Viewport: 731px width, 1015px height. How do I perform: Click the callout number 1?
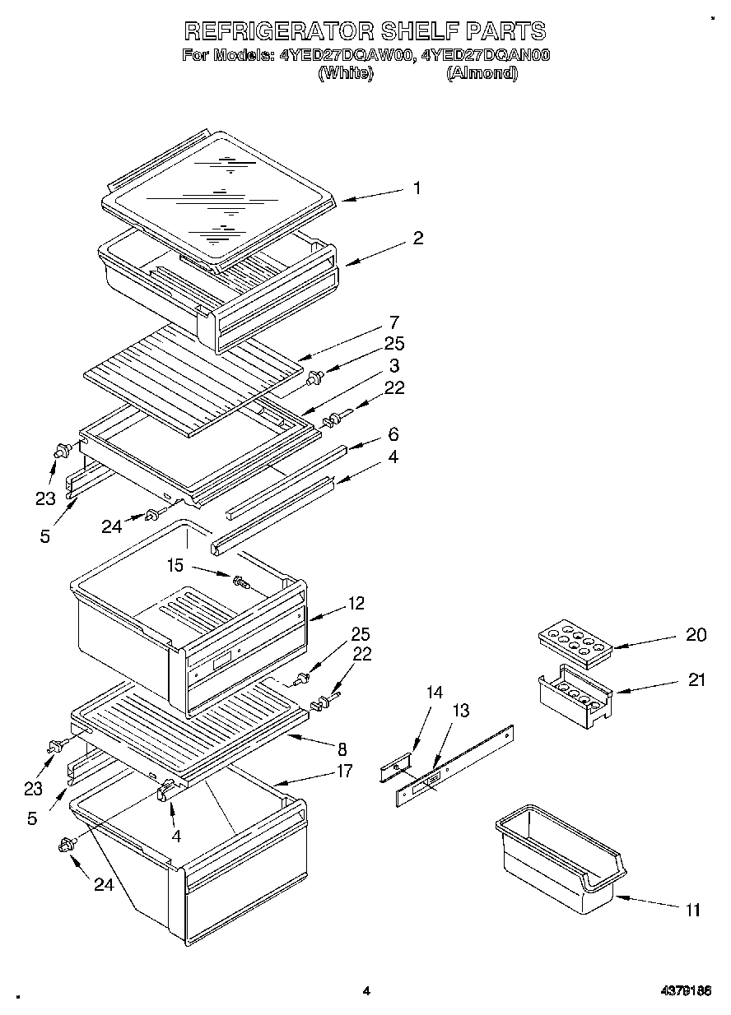coord(417,188)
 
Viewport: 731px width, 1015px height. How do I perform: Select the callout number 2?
coord(418,239)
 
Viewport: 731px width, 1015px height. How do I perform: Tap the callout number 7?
coord(394,322)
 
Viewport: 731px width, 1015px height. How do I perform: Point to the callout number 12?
coord(356,604)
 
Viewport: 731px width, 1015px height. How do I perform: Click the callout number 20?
coord(696,634)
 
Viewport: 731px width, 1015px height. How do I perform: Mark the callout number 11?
coord(692,910)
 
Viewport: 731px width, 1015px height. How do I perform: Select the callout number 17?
coord(343,771)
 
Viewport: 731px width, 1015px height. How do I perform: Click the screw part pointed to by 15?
coord(241,582)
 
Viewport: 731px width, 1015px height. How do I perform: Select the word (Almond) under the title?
coord(482,73)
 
